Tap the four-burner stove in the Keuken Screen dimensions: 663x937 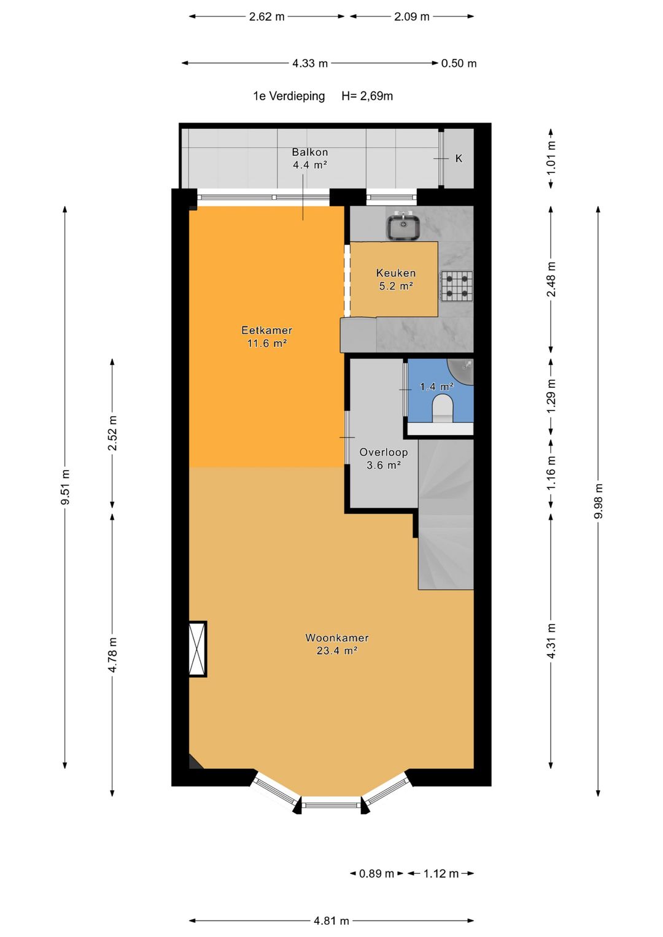(457, 286)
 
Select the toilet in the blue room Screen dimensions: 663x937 (443, 409)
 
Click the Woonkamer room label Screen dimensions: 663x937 (337, 638)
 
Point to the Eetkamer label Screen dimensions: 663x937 (266, 330)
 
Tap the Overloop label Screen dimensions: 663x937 (384, 452)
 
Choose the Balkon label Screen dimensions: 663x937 (310, 152)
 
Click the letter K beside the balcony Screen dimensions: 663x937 (459, 158)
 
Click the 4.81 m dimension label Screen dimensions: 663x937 (331, 920)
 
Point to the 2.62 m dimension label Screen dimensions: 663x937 (266, 17)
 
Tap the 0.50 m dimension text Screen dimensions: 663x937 (459, 63)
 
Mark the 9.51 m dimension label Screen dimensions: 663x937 (65, 487)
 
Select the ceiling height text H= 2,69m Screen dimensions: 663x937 (367, 96)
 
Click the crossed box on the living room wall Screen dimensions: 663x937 (198, 649)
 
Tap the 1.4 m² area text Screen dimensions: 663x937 (436, 387)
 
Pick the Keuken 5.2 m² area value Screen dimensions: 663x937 (396, 287)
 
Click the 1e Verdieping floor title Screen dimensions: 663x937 (289, 96)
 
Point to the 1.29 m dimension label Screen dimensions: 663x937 (551, 396)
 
